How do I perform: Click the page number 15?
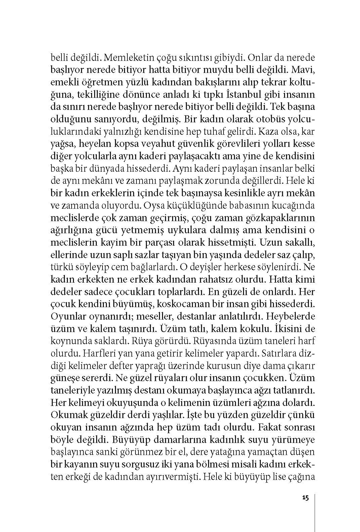[305, 498]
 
